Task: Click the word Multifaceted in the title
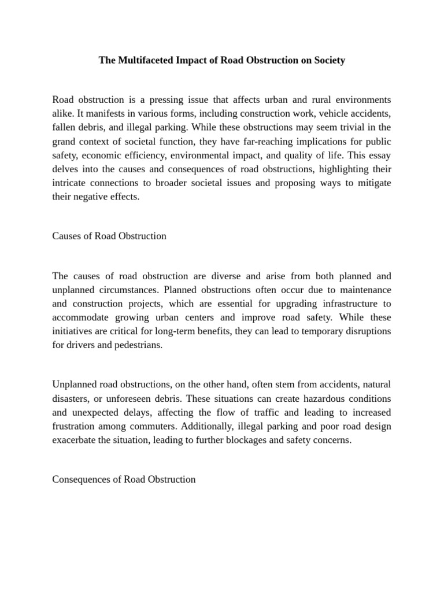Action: tap(147, 60)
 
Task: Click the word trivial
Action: tap(351, 127)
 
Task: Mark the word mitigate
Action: tap(372, 183)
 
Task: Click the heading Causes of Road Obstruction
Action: tap(109, 236)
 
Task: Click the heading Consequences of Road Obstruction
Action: tap(124, 479)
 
